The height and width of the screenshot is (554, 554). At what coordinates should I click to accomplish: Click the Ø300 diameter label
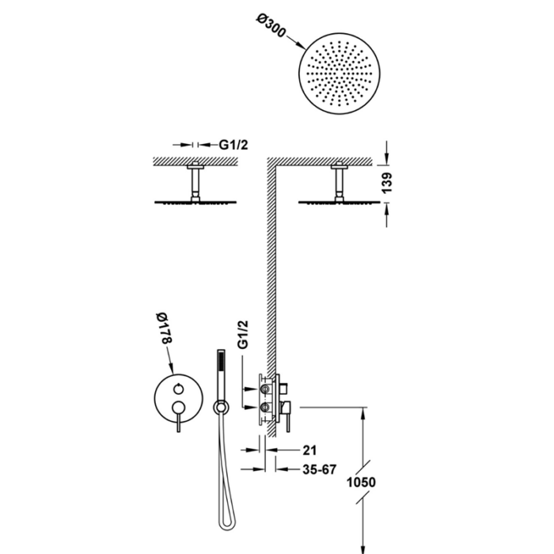click(271, 25)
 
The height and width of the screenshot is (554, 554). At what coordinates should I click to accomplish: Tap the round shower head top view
click(340, 74)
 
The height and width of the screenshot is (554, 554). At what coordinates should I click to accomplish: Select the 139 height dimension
click(387, 183)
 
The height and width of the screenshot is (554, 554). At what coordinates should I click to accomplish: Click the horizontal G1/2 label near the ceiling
click(233, 145)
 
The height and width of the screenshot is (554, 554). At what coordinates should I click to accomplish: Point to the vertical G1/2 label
click(243, 334)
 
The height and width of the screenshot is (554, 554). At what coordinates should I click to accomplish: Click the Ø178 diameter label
click(164, 328)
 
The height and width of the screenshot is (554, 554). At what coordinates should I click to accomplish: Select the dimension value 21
click(310, 450)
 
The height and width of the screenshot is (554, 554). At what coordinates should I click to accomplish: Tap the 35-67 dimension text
click(320, 469)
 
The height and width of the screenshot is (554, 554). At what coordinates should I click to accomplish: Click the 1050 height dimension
click(361, 482)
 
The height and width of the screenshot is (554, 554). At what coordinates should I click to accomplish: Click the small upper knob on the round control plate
click(178, 389)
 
